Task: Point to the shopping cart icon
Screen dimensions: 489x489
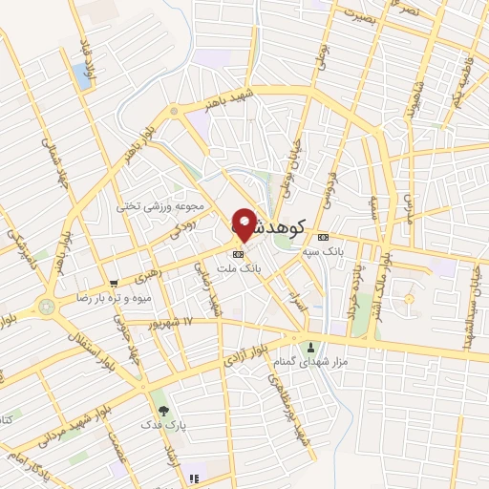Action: [x=114, y=283]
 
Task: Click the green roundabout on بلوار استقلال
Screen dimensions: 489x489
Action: [x=47, y=307]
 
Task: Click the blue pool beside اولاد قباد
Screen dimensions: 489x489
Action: [x=81, y=77]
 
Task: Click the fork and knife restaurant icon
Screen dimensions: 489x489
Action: [x=194, y=478]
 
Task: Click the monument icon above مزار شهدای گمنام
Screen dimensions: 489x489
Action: [x=309, y=346]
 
